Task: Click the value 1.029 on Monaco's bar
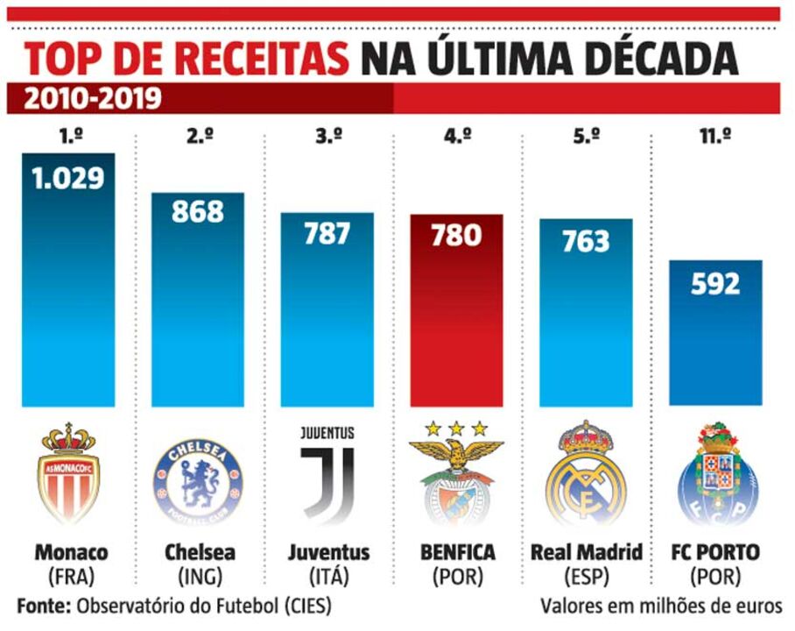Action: (68, 178)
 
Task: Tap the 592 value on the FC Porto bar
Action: (715, 285)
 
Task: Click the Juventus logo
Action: (327, 473)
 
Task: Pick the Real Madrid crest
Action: (586, 473)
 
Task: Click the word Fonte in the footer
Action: (42, 606)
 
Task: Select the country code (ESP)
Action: (586, 578)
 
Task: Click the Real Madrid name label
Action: (586, 553)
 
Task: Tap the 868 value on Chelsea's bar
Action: (198, 211)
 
